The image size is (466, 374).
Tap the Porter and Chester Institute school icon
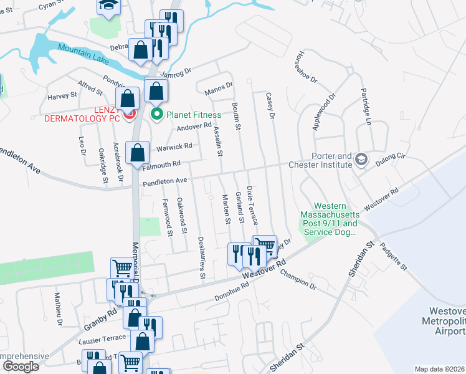(361, 160)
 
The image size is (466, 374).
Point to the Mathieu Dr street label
(58, 309)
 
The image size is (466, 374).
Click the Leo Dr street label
(82, 150)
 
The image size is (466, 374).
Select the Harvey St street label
(62, 96)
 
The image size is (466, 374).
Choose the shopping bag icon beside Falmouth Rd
(137, 153)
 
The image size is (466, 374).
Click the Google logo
(21, 367)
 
